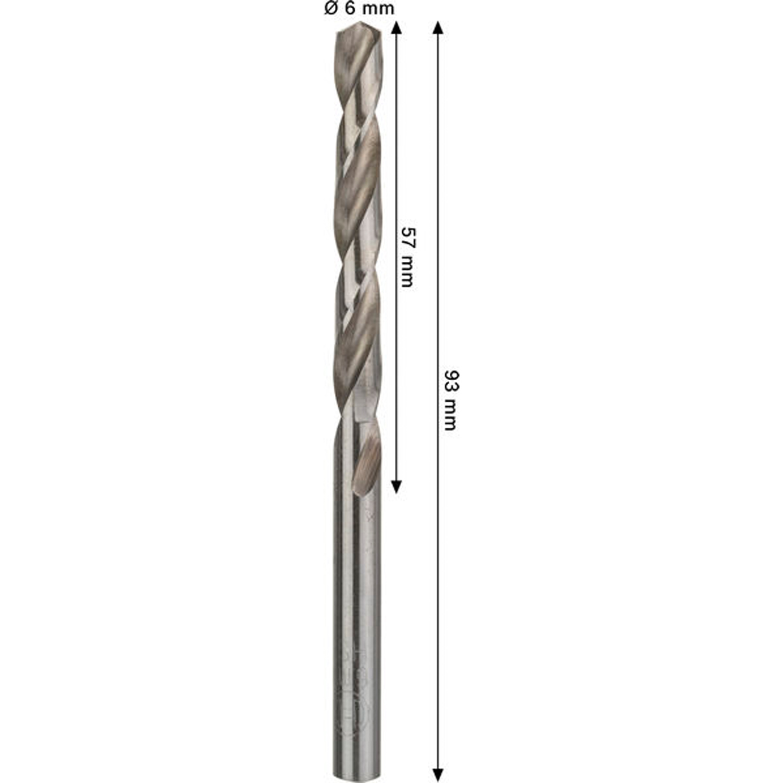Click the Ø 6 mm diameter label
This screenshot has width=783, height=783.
(x=359, y=8)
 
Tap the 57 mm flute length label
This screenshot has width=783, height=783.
(x=407, y=256)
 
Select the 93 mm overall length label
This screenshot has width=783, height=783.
(x=450, y=400)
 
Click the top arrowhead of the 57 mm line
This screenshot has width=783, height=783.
(x=397, y=27)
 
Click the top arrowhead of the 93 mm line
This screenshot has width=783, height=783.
(x=438, y=27)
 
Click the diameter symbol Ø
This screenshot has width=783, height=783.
(x=330, y=9)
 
